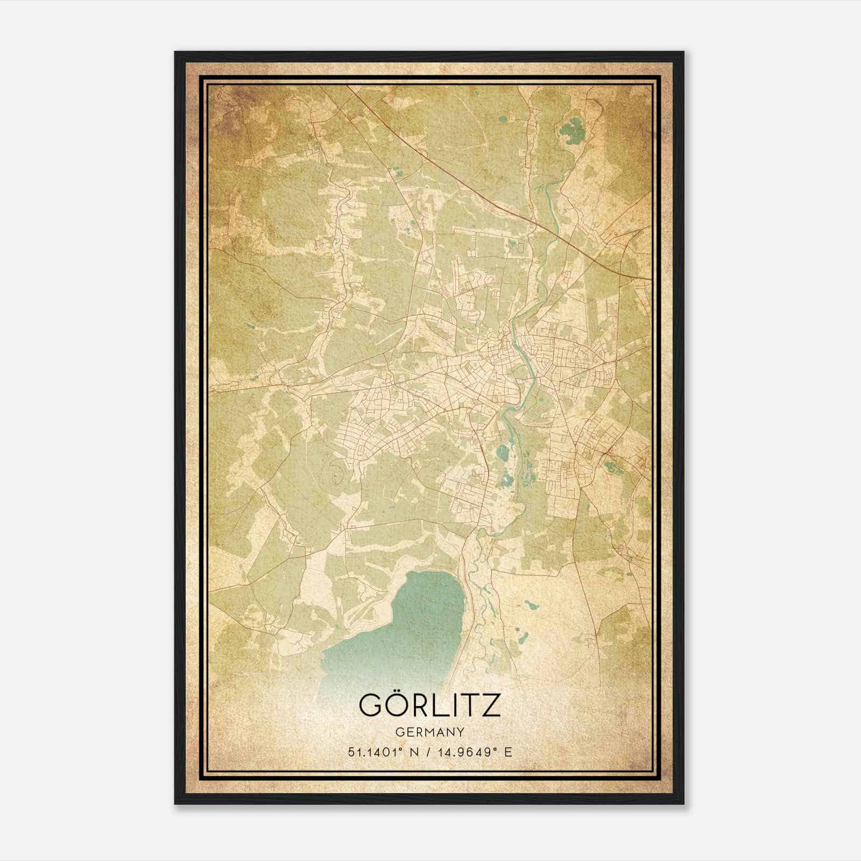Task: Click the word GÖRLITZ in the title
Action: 429,705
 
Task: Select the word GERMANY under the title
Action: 429,732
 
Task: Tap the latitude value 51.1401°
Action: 375,752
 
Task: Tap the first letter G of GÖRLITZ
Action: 371,705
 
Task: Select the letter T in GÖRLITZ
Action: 468,705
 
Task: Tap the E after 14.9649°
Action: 507,752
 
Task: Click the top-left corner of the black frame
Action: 175,53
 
